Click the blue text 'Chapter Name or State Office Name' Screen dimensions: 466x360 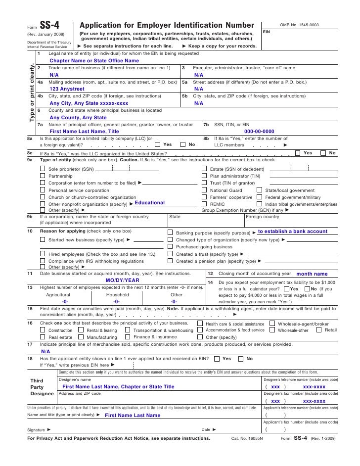click(94, 60)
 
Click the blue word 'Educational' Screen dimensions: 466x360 click(149, 203)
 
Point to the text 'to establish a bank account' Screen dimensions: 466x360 click(292, 231)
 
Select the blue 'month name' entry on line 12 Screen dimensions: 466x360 click(312, 274)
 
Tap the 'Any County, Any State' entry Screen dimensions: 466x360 click(78, 118)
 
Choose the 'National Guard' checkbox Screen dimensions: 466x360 click(205, 190)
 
